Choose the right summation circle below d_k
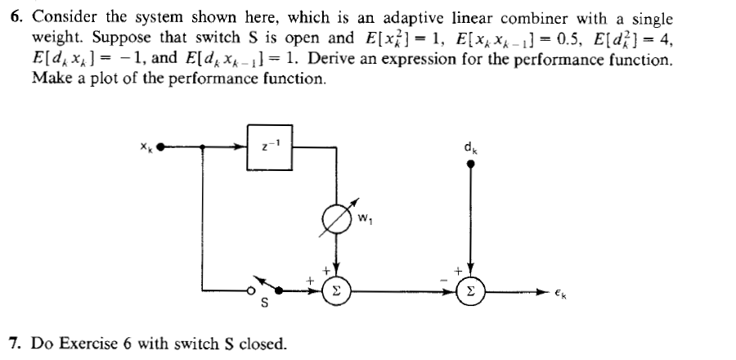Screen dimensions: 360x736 [470, 290]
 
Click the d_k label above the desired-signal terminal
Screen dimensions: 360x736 [469, 147]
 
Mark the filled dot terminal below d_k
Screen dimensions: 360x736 [470, 164]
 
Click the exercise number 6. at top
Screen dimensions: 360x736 [16, 18]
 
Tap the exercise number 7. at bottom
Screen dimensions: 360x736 [16, 342]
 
